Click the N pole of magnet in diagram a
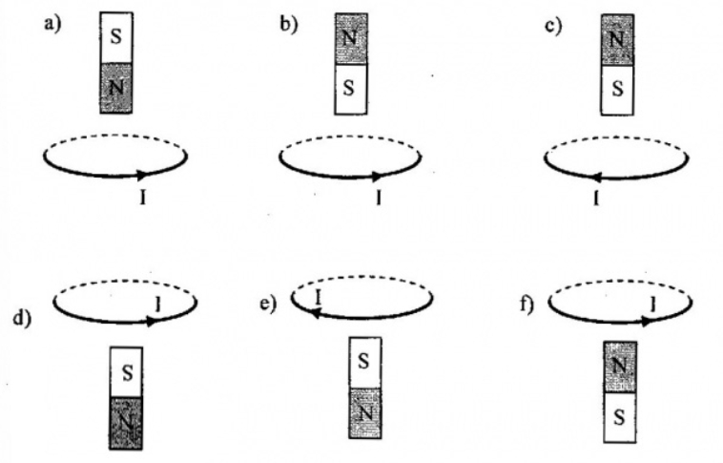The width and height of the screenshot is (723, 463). pos(115,88)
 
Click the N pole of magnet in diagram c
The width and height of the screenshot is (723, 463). pos(617,41)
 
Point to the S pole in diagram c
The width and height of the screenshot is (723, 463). pos(617,91)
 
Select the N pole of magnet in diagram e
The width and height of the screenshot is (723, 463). pos(363,413)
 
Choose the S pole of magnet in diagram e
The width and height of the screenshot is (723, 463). pos(363,364)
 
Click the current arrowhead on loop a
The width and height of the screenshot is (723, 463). pos(142,176)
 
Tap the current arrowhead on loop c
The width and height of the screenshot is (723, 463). pos(594,178)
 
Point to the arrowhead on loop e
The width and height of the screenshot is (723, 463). pos(311,314)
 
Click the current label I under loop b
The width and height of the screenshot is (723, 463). pos(380,200)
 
